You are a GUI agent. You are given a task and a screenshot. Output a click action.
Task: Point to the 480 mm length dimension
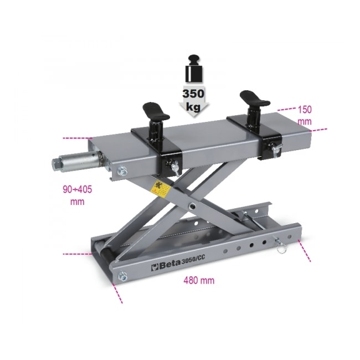(198, 280)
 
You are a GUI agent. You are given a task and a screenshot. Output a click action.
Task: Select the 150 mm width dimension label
(304, 114)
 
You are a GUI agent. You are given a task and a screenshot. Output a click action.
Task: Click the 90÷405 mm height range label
(77, 195)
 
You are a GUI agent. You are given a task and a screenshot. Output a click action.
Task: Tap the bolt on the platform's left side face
(124, 172)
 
